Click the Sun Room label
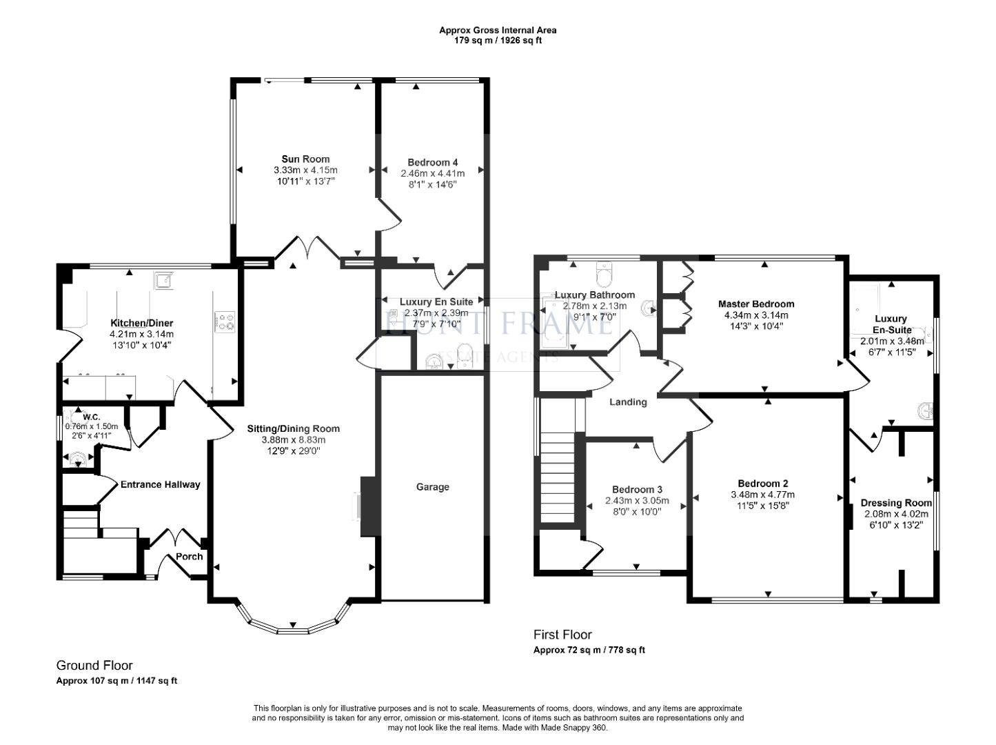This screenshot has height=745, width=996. pos(305,159)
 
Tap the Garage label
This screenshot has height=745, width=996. pos(432,487)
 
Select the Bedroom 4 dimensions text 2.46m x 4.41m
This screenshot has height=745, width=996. pos(432,174)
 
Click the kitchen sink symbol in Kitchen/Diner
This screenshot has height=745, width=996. pos(163,280)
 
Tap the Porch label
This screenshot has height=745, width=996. pos(190,557)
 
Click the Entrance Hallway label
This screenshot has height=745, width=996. pos(160,484)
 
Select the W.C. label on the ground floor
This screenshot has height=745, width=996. pos(92,417)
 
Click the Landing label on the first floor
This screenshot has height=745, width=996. pos(628,402)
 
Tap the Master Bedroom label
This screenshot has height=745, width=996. pos(755,304)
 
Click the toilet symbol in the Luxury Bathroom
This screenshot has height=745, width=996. pos(605,275)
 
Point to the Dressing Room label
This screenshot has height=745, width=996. pos(895,503)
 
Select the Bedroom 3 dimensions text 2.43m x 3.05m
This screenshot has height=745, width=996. pos(633,500)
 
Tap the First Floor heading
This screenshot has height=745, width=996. pos(562,635)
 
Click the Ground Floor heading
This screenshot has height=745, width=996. pos(94,666)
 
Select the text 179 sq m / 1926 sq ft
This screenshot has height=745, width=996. pos(498,40)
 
